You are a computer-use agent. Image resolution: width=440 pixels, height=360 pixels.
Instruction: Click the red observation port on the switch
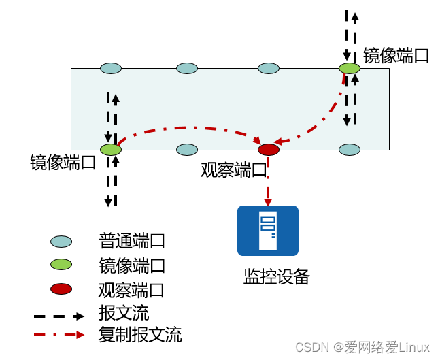click(269, 149)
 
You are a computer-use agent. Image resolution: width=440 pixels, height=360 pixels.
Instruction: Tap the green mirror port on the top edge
click(350, 68)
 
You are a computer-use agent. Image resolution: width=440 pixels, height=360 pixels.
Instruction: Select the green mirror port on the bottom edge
click(110, 149)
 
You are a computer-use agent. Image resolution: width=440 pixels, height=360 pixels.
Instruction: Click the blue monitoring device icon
click(268, 230)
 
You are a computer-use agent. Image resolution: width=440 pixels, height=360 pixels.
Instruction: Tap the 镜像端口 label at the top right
click(396, 55)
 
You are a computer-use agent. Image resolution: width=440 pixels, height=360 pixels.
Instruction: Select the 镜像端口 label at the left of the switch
click(63, 163)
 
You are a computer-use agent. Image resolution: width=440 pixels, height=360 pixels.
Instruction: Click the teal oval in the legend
click(61, 242)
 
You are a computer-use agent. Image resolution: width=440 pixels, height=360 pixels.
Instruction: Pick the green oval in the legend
click(61, 265)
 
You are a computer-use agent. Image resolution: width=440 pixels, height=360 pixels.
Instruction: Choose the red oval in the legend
click(61, 289)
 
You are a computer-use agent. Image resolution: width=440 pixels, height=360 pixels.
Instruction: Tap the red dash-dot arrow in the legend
click(60, 335)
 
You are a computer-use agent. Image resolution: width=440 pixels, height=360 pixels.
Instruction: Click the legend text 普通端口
click(132, 241)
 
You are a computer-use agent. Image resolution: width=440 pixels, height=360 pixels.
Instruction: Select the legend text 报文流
click(124, 313)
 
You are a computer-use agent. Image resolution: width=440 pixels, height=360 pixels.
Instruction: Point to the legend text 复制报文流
click(140, 335)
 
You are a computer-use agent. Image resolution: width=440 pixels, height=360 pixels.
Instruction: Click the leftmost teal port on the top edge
click(111, 68)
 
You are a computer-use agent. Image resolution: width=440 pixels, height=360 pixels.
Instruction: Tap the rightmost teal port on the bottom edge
click(350, 149)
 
